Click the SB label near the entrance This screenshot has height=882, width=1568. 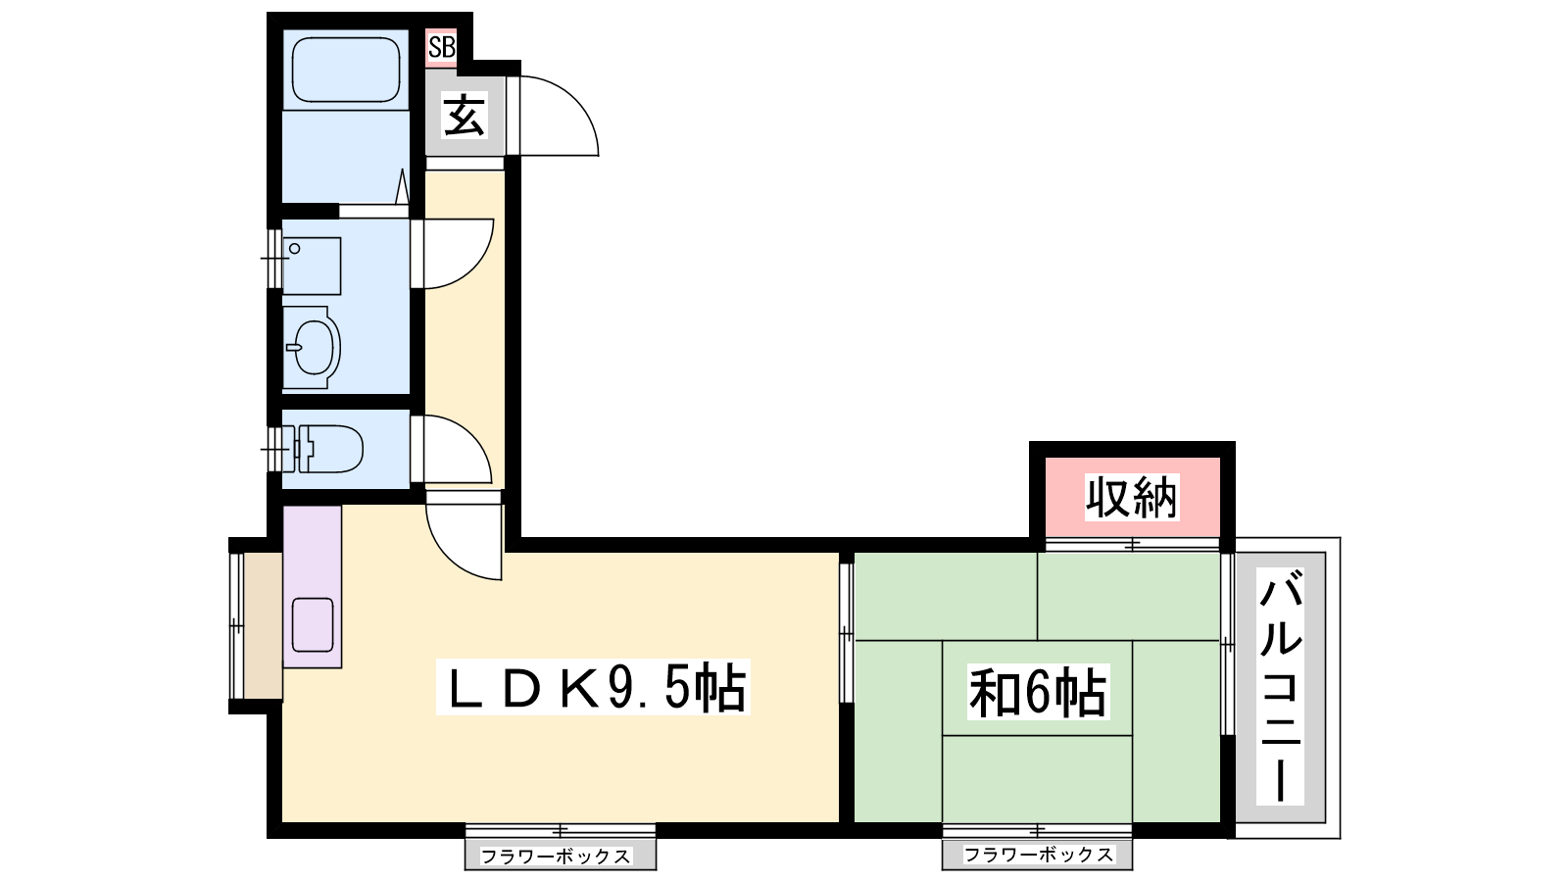(x=442, y=48)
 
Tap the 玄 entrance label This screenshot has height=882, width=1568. (x=465, y=116)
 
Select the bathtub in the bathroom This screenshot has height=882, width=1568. (x=346, y=70)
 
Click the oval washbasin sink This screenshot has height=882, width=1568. (x=313, y=347)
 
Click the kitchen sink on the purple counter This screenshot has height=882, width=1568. (x=313, y=625)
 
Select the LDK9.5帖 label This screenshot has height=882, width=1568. (x=594, y=687)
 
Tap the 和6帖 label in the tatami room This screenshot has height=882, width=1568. (x=1038, y=692)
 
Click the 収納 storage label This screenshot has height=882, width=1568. (x=1132, y=497)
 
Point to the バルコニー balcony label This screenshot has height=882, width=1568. (x=1280, y=686)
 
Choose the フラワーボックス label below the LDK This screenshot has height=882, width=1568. (x=556, y=857)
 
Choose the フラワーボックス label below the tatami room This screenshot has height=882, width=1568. (x=1038, y=855)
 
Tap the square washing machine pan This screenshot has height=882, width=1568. (x=313, y=266)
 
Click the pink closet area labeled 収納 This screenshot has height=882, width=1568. (x=1133, y=497)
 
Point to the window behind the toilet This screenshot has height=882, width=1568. (x=274, y=449)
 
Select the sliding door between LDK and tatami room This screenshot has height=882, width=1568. (x=847, y=633)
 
